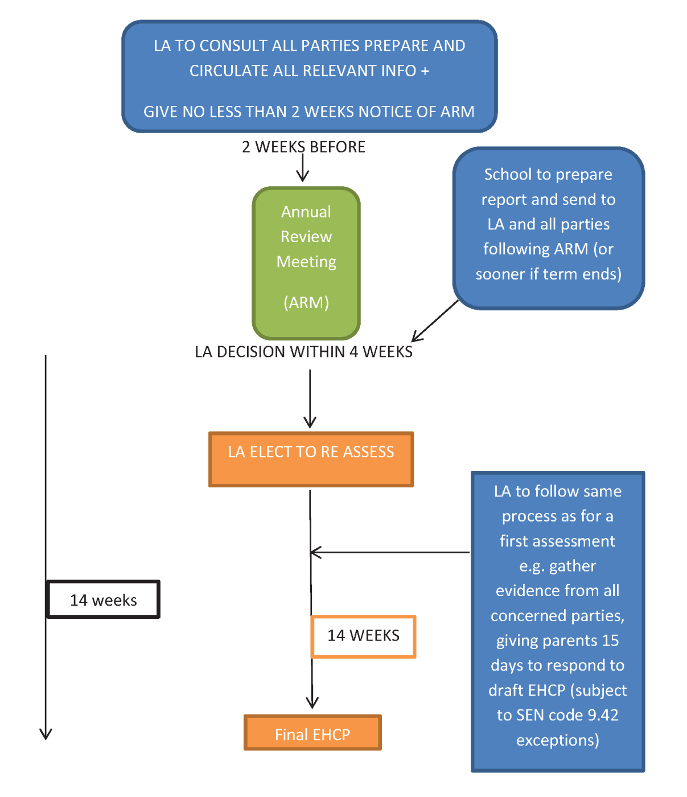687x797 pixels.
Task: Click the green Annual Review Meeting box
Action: (x=306, y=264)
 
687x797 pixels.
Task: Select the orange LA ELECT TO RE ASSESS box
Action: (x=311, y=459)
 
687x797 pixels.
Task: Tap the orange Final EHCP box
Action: (x=312, y=733)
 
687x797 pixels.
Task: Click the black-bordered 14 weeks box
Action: (x=104, y=599)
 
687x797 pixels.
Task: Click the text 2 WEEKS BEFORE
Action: (x=303, y=147)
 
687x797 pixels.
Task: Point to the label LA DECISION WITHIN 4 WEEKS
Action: (x=303, y=352)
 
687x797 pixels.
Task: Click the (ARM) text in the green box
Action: (x=306, y=303)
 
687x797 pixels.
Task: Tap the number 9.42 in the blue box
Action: (x=603, y=715)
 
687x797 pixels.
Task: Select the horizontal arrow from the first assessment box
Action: (x=390, y=552)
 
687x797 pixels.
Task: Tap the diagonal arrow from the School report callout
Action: (x=435, y=321)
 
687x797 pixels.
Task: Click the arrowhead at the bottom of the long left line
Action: (x=46, y=734)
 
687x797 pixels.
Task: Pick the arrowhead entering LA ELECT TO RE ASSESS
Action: (x=310, y=422)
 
